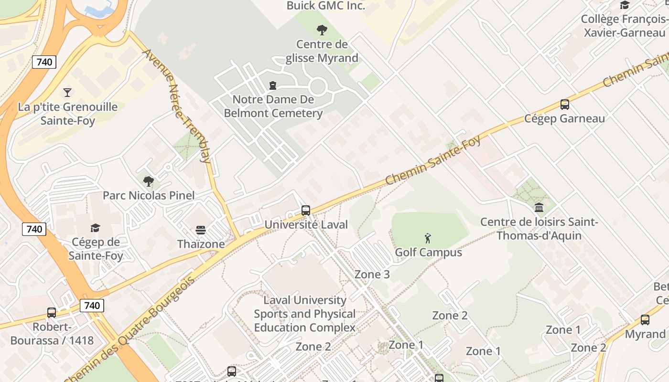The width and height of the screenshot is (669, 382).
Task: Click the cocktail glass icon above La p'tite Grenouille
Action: click(67, 92)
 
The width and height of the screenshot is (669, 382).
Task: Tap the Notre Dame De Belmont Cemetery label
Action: click(273, 106)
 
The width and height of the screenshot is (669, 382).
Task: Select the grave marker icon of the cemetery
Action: click(273, 85)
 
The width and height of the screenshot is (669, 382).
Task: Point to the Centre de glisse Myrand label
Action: click(322, 51)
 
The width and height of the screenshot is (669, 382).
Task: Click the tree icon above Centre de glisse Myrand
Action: click(322, 30)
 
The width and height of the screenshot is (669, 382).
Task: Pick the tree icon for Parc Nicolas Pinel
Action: click(149, 181)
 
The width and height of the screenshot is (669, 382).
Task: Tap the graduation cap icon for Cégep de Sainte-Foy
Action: click(96, 228)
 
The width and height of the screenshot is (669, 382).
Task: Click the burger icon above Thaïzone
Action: click(201, 230)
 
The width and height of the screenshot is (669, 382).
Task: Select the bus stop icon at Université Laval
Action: click(306, 211)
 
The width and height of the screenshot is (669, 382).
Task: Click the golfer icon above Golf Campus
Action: click(428, 238)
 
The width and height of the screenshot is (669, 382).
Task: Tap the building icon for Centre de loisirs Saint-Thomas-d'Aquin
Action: click(539, 208)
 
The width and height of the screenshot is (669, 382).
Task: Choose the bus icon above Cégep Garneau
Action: click(565, 105)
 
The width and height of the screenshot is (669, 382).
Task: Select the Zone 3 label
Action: click(372, 275)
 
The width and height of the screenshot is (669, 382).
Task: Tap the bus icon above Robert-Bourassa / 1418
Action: click(52, 313)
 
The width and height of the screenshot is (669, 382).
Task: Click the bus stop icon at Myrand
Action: click(645, 320)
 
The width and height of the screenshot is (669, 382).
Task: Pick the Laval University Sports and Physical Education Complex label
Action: click(305, 314)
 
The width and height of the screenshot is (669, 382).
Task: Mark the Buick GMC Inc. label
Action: click(326, 6)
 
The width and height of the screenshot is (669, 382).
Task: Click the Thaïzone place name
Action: click(201, 244)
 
